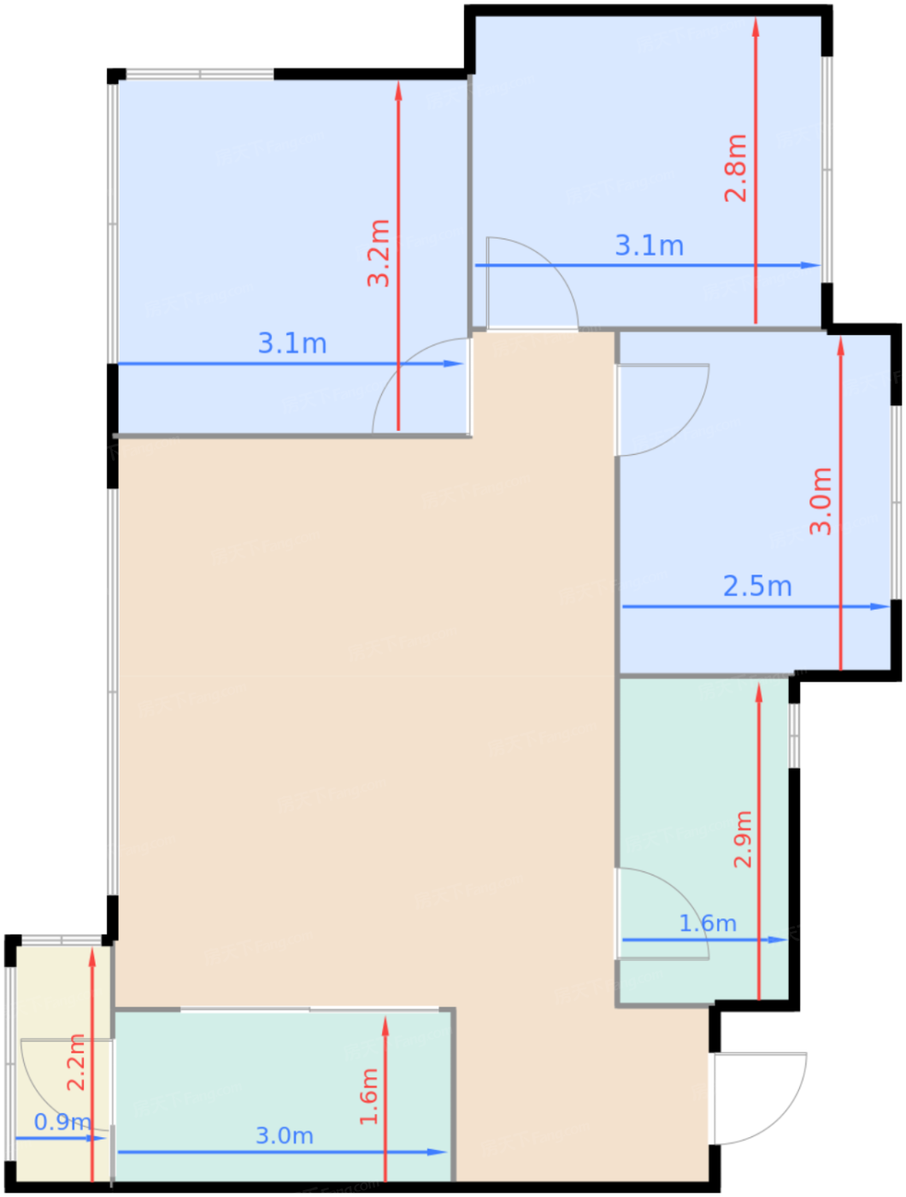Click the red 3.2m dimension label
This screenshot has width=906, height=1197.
[379, 253]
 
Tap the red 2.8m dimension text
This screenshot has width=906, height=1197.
[736, 168]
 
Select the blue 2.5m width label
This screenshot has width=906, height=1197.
[757, 587]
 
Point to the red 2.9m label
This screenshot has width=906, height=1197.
[744, 839]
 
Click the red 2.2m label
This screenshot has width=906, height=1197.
[76, 1062]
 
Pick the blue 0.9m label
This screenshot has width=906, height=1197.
[62, 1122]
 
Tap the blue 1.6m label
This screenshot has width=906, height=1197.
[708, 923]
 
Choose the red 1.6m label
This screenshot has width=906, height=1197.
[369, 1097]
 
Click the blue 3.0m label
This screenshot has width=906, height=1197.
[285, 1135]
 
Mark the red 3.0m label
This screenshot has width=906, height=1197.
[821, 501]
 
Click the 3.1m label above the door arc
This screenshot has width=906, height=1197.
[650, 246]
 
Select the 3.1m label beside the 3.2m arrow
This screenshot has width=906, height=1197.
[292, 344]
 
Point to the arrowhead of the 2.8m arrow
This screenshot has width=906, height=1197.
[756, 26]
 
